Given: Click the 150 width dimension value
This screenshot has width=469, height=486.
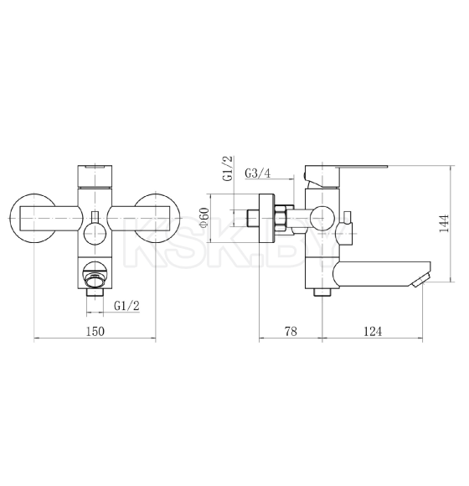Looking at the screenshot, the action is pos(95,331).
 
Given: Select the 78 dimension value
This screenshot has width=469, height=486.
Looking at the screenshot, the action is pos(291,331).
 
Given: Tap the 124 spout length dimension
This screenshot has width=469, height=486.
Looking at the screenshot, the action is pos(373,331).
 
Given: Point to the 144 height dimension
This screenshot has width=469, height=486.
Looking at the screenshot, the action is pos(444,223).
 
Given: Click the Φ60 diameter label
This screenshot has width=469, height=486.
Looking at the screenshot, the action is pos(204,218).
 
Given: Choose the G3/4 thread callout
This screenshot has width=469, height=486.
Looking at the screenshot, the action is pos(257,173).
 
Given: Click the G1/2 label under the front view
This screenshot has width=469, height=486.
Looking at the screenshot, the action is pos(127,306).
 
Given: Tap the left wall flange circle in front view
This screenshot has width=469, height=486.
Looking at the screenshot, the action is pos(11,219).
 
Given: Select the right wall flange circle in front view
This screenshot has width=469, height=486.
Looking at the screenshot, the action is pos(178,219).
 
